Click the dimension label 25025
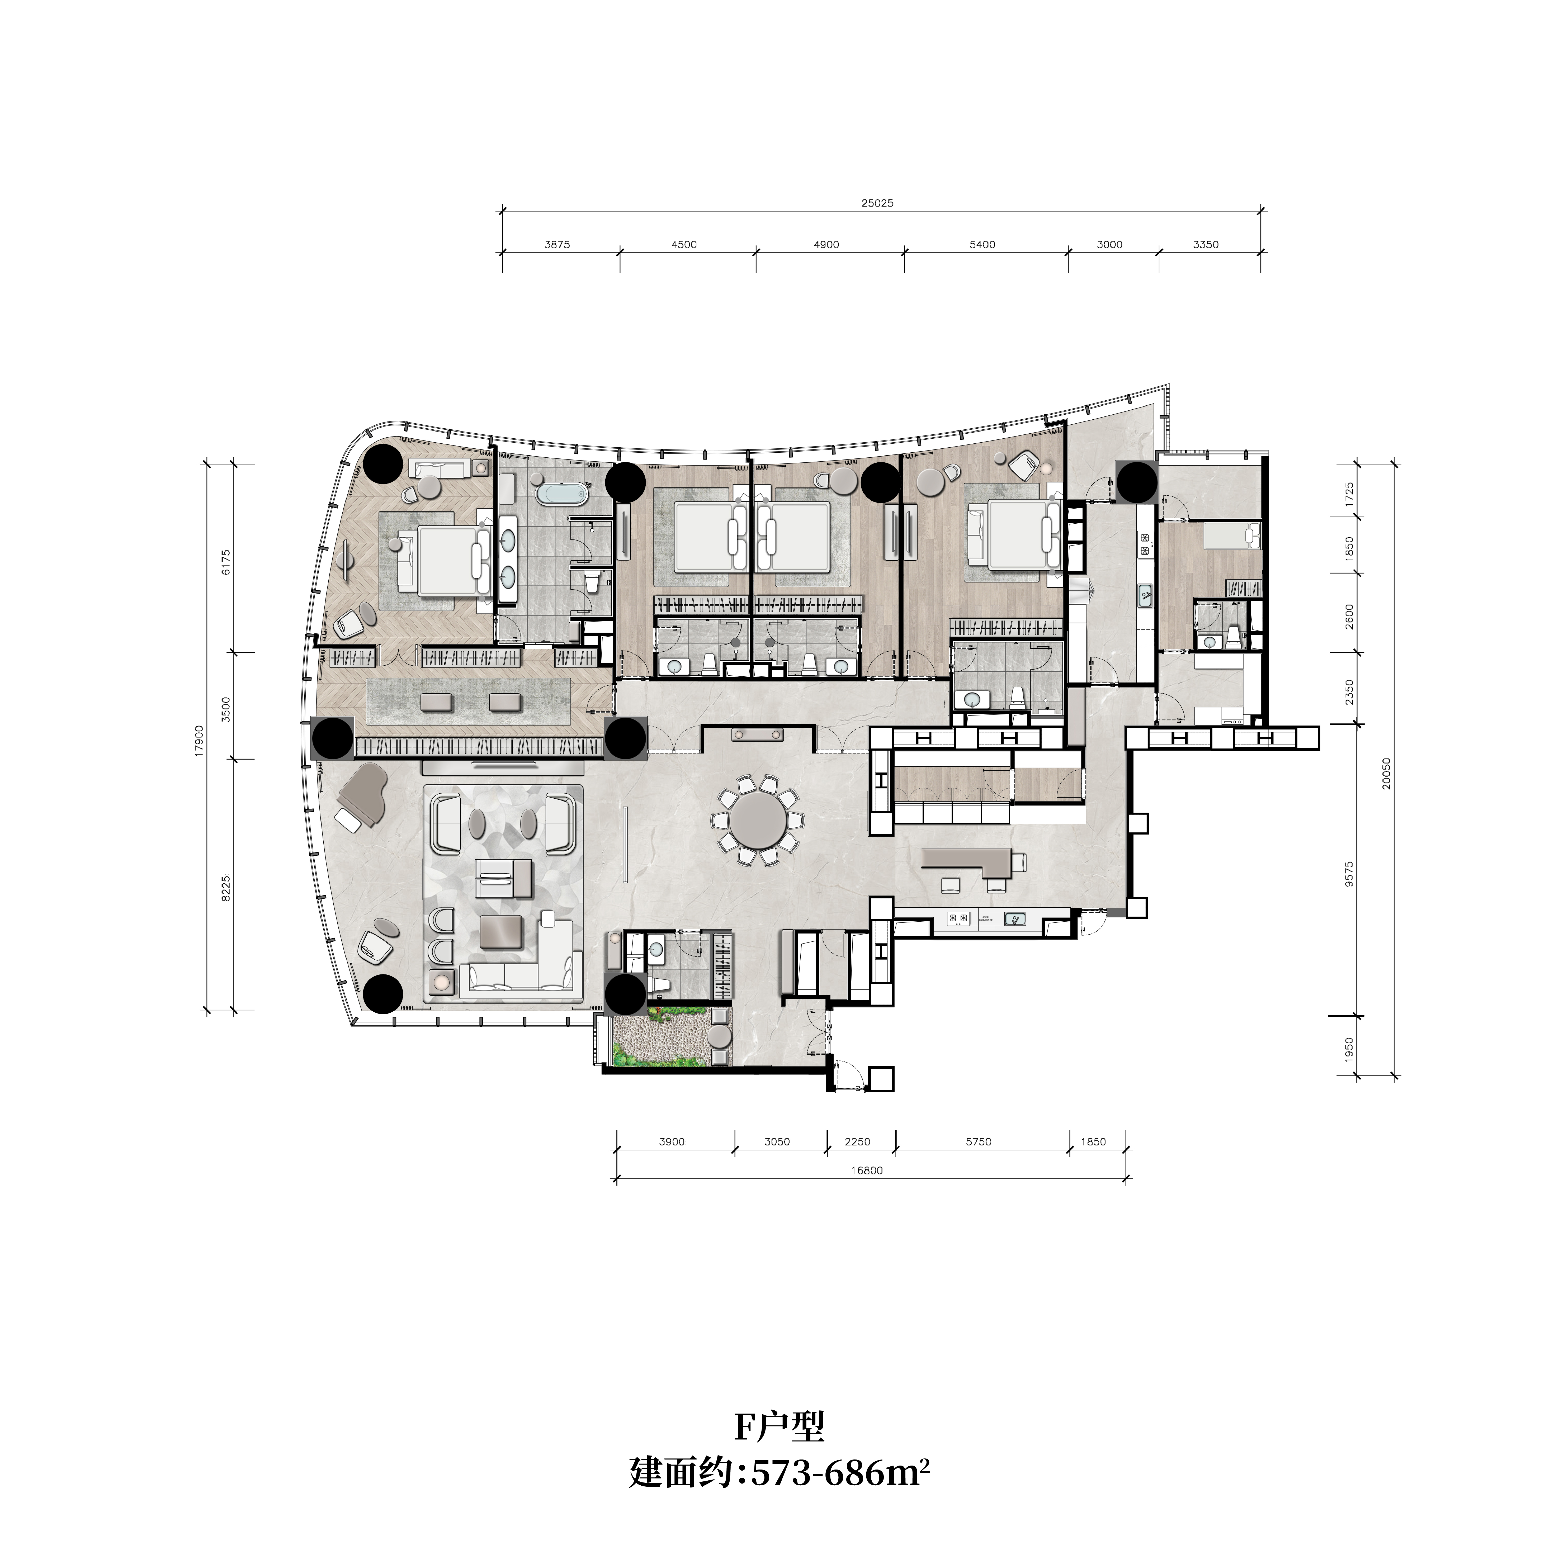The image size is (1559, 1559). (x=877, y=203)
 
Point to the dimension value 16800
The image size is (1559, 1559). (x=867, y=1170)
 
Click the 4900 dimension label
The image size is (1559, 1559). (x=826, y=244)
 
